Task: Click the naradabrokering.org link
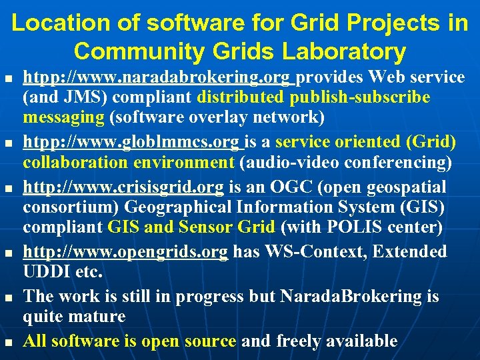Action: click(x=159, y=78)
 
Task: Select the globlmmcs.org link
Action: click(x=133, y=142)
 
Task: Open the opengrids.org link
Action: click(x=125, y=251)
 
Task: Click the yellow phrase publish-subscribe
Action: click(x=359, y=98)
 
